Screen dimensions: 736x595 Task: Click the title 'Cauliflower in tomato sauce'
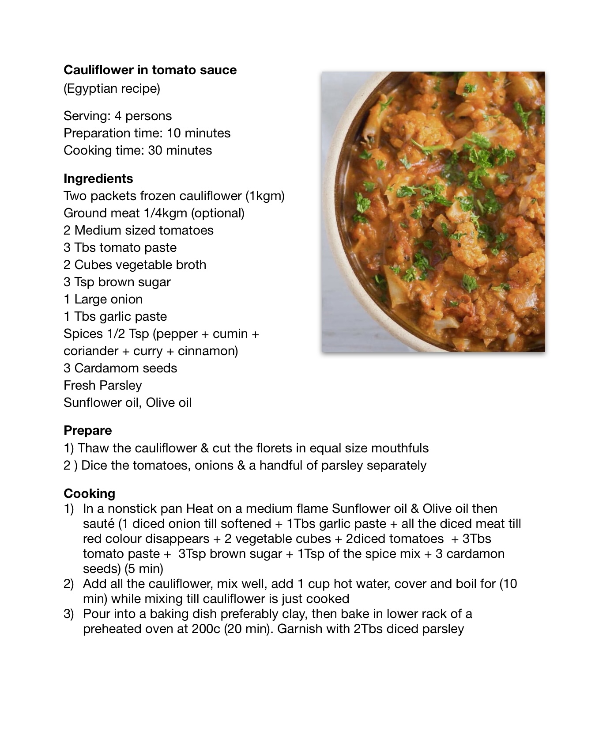tap(150, 70)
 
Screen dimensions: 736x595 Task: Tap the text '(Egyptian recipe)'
tap(112, 88)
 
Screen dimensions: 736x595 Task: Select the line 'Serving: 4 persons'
tap(117, 116)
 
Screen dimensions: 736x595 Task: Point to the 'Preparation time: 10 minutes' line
tap(147, 133)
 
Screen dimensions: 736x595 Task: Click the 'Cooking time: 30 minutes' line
tap(138, 150)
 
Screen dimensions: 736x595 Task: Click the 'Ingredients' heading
tap(98, 178)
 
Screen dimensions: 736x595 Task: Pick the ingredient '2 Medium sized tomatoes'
tap(139, 230)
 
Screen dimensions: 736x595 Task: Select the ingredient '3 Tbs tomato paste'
tap(120, 247)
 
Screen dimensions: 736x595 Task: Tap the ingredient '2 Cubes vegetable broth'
tap(135, 265)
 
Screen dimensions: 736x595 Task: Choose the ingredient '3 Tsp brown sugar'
tap(117, 282)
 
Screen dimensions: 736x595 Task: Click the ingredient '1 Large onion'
tap(103, 299)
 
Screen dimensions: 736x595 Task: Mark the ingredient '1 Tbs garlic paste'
tap(115, 316)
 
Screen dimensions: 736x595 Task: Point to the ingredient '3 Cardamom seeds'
tap(120, 368)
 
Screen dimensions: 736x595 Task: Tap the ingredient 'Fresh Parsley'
tap(102, 385)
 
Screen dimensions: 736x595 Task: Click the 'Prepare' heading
tap(87, 430)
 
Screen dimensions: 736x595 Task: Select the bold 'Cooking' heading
tap(89, 493)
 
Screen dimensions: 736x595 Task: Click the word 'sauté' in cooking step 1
tap(98, 524)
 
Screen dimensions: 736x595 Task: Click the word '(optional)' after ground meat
tap(218, 213)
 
